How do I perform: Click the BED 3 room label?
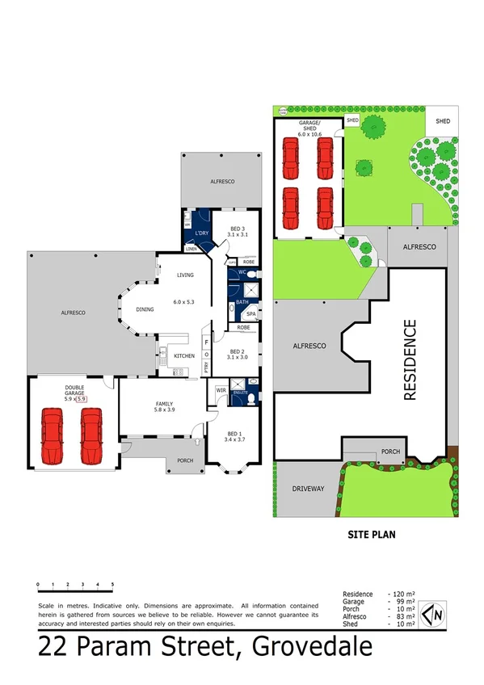[x=238, y=228]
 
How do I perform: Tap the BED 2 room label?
[x=237, y=351]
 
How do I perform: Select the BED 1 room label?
[x=234, y=433]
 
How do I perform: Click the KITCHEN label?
[x=183, y=355]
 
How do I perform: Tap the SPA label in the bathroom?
[x=251, y=314]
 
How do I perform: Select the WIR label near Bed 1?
[x=221, y=390]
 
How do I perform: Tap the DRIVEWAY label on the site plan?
[x=307, y=488]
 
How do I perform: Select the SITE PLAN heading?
[x=370, y=534]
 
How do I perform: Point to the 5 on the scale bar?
[x=112, y=583]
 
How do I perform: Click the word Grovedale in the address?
[x=313, y=647]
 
